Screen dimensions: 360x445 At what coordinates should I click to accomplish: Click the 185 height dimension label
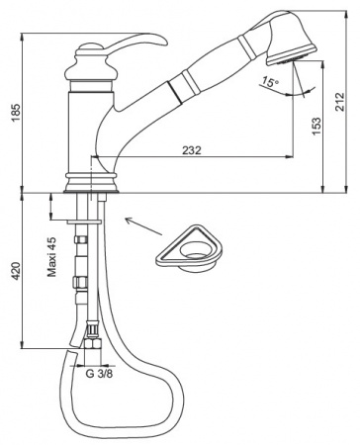tap(16, 113)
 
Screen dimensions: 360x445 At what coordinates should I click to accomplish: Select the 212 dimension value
tap(340, 102)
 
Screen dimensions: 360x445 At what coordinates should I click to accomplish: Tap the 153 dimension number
tap(315, 127)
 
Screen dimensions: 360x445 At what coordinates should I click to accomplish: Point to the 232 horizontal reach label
tap(192, 150)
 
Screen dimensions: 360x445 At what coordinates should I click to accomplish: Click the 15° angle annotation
tap(270, 81)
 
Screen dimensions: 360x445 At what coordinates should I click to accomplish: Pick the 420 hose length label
tap(16, 271)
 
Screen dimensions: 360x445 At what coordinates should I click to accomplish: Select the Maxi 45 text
tap(51, 257)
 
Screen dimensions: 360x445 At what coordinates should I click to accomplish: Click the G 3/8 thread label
tap(99, 374)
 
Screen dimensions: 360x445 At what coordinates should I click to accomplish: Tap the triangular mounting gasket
tap(189, 249)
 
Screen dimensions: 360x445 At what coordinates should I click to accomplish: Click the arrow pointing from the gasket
tap(143, 226)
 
